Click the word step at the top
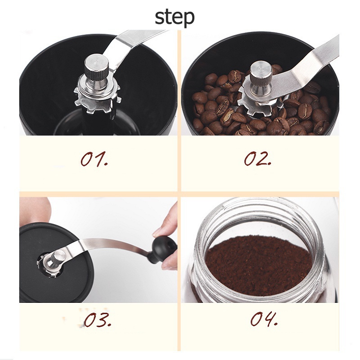(x=175, y=18)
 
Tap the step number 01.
(x=94, y=159)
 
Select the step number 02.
(x=257, y=159)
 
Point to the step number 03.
(x=97, y=319)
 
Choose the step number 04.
(x=264, y=319)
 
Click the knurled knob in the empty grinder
(x=96, y=69)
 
